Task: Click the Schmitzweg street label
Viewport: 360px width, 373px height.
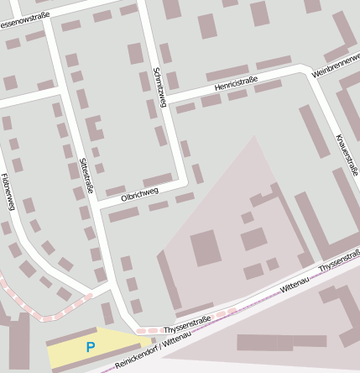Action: coord(157,87)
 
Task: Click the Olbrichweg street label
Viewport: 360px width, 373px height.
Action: coord(139,194)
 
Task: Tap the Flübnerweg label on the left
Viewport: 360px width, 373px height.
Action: coord(12,192)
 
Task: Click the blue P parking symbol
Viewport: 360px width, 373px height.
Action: coord(91,346)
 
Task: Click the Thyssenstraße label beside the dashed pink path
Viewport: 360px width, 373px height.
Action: coord(186,322)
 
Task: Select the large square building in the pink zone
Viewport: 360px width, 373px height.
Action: coord(206,249)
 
